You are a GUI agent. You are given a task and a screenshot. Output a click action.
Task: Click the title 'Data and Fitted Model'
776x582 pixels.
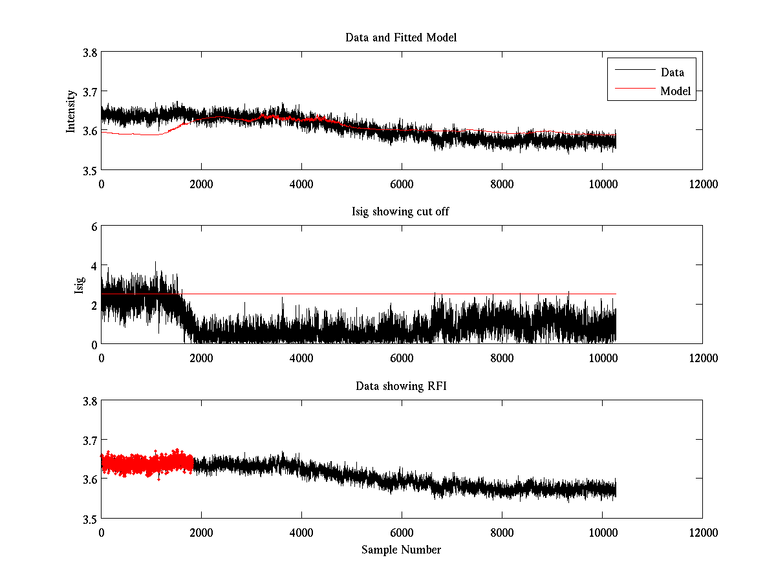click(401, 38)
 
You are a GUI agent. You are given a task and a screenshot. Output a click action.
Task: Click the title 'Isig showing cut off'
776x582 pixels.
click(401, 212)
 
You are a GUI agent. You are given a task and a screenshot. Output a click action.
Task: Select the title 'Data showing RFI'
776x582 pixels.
click(401, 386)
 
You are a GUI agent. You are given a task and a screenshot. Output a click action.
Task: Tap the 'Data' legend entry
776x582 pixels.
click(672, 72)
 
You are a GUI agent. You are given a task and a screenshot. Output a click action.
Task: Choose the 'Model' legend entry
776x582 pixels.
click(675, 91)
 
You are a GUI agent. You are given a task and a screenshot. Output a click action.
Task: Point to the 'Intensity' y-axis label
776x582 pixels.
click(72, 111)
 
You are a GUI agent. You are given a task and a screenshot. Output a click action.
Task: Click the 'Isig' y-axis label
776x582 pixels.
click(80, 285)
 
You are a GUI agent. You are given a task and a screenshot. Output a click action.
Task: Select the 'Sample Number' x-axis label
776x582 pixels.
click(401, 550)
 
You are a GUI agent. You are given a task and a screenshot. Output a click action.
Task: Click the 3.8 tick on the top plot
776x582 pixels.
click(90, 53)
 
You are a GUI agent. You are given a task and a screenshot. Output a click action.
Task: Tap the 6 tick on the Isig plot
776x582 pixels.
click(94, 227)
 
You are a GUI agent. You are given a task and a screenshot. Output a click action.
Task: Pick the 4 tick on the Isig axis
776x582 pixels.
click(94, 266)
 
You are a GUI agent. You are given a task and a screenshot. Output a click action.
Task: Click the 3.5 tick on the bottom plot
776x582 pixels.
click(90, 519)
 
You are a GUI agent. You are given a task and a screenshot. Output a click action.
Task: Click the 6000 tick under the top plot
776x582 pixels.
click(401, 184)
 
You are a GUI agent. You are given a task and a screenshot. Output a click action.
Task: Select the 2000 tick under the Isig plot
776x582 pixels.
click(201, 358)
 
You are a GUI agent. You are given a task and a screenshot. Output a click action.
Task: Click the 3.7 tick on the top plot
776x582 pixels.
click(90, 92)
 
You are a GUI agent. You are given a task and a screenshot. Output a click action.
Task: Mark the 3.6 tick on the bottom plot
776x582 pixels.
click(90, 479)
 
